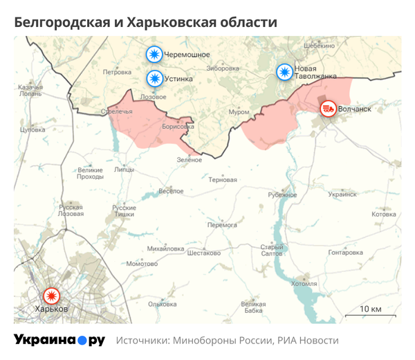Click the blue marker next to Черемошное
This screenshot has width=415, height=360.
(154, 54)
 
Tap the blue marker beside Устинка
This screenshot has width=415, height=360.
(154, 78)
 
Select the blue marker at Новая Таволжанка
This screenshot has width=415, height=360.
(284, 72)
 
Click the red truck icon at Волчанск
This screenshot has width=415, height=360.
(328, 108)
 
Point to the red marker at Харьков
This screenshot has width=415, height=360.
(50, 296)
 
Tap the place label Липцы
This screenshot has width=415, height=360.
(124, 168)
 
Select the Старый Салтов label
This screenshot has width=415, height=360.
(272, 251)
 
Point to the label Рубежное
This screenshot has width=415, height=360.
(282, 195)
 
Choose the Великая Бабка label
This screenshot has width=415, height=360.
(253, 307)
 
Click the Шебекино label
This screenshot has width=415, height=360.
(319, 45)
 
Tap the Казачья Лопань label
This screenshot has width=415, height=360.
(30, 90)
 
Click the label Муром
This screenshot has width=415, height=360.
(239, 111)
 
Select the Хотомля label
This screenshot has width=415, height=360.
(304, 283)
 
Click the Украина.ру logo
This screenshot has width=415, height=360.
(59, 340)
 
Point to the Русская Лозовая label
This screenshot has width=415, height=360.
(71, 210)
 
